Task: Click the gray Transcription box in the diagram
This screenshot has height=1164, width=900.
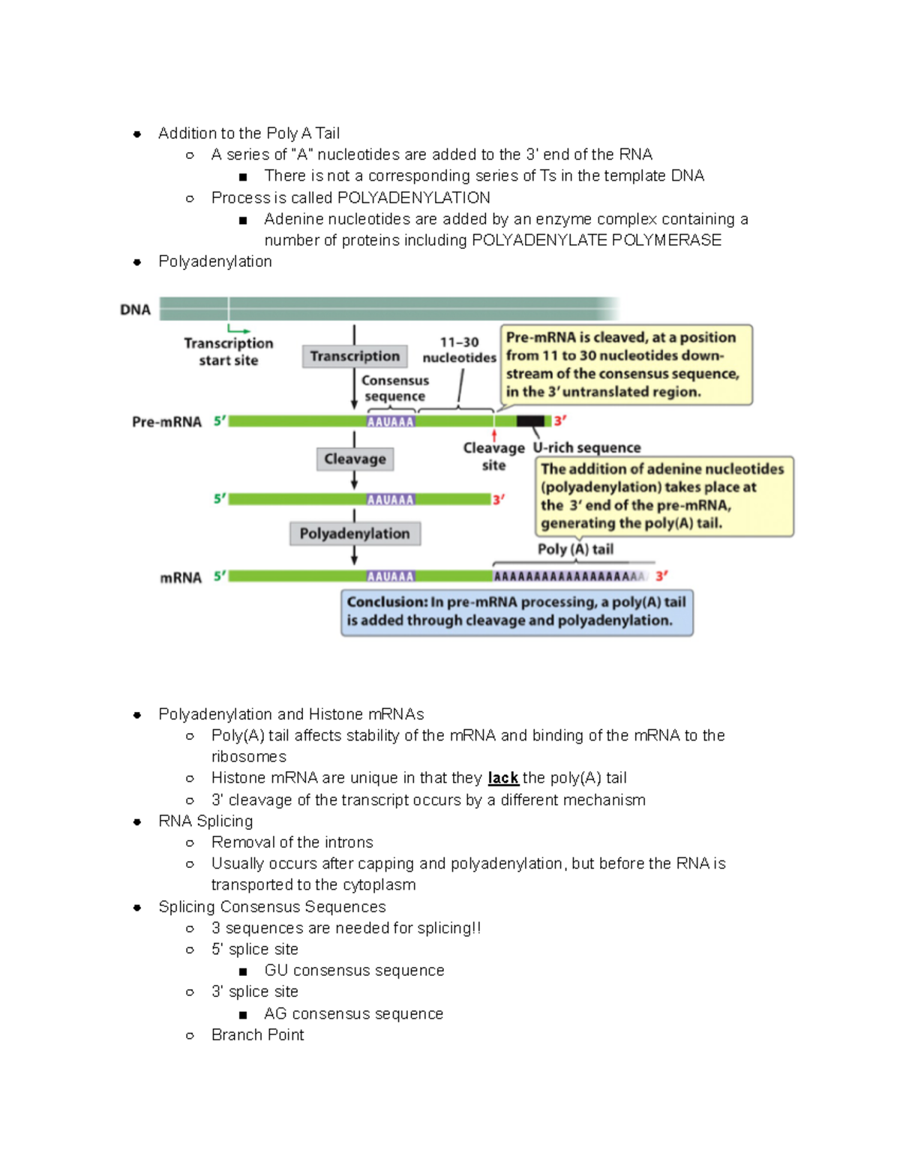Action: point(355,356)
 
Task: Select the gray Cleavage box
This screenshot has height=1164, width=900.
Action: point(355,459)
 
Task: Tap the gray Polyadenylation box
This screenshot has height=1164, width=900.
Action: point(355,534)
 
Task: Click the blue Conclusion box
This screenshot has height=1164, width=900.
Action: point(517,612)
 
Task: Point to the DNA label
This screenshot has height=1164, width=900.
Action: point(135,310)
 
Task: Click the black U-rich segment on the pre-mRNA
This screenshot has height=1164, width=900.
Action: point(530,421)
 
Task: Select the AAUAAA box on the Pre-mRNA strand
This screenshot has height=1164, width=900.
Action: point(390,422)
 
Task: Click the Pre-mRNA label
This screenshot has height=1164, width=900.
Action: point(166,422)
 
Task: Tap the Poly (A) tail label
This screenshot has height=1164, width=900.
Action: point(575,549)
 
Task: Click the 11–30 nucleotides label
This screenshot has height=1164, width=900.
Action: point(459,350)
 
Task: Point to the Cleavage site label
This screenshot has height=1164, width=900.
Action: point(493,456)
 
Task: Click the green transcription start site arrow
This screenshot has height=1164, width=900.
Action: point(238,329)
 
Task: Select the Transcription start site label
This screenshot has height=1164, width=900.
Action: point(229,352)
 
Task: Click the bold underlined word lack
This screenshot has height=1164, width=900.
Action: point(503,778)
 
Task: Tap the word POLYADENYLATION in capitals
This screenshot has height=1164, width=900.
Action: point(414,198)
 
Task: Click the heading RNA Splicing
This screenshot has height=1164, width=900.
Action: point(205,821)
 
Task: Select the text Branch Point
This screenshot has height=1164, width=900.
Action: point(257,1035)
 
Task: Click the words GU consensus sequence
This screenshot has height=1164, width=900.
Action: point(354,971)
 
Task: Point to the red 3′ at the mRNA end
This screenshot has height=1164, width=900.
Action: point(661,576)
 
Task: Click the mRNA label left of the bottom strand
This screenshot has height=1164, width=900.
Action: point(181,578)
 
